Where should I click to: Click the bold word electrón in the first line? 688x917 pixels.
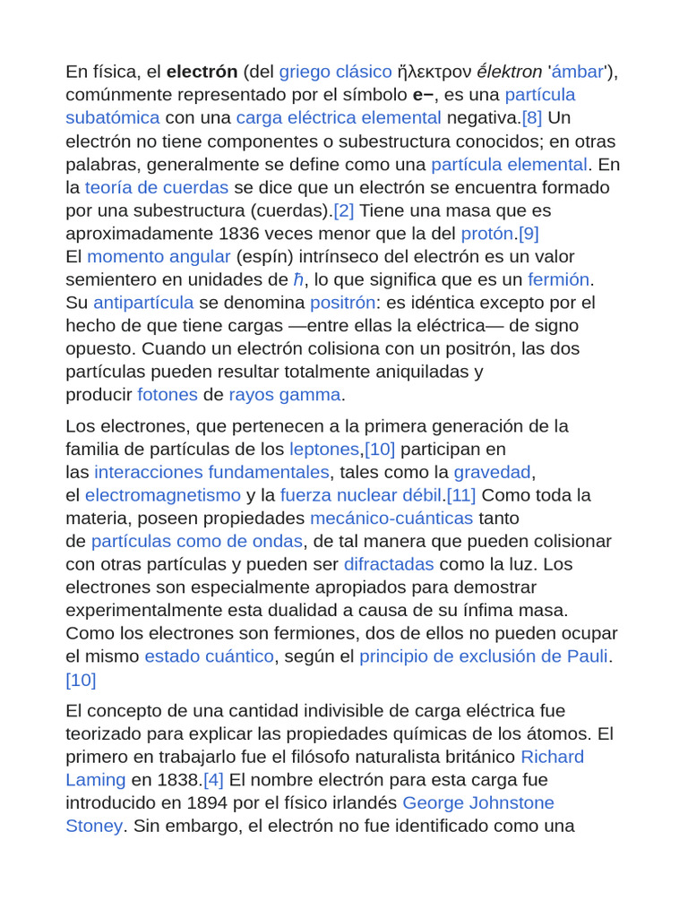(x=202, y=72)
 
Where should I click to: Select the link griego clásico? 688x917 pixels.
(x=336, y=72)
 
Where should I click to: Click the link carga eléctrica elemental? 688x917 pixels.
(x=339, y=118)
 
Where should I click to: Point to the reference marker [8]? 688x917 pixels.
(x=531, y=118)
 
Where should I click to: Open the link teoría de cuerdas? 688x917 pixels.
(x=157, y=187)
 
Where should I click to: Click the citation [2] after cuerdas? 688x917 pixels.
(x=344, y=210)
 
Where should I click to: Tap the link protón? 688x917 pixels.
(x=487, y=234)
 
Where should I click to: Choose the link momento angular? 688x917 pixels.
(x=159, y=257)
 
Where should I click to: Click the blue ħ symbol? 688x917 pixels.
(x=298, y=280)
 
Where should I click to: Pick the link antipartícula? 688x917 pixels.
(x=143, y=303)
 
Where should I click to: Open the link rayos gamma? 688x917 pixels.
(x=285, y=395)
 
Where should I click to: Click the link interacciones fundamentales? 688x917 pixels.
(x=211, y=472)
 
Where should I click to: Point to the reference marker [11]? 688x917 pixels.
(x=461, y=495)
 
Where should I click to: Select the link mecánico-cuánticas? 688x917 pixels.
(x=391, y=518)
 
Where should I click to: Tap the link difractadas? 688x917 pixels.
(x=389, y=564)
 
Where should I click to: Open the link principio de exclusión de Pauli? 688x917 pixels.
(x=484, y=656)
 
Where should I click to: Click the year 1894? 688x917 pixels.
(x=207, y=803)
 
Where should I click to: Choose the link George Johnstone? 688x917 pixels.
(x=478, y=803)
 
